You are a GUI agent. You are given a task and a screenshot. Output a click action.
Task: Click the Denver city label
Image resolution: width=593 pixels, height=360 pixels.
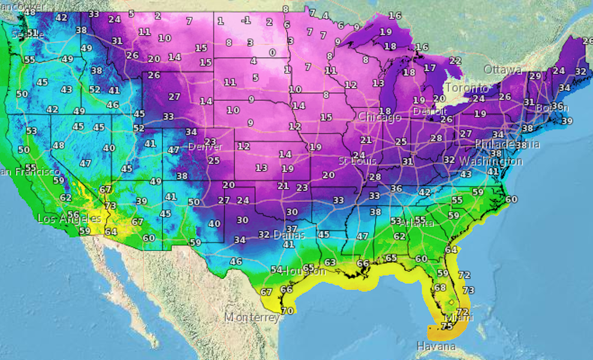tap(205, 147)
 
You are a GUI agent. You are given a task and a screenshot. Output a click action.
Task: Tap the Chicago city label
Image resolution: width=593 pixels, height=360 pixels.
tap(380, 118)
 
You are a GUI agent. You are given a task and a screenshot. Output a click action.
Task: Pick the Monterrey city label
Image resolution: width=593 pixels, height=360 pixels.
tap(252, 317)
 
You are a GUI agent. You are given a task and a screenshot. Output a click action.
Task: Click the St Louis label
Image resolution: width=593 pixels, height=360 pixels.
tap(358, 161)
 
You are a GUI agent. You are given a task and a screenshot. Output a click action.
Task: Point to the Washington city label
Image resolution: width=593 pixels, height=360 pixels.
tap(490, 161)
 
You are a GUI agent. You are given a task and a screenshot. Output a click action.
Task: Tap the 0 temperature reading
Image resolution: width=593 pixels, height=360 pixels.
tap(272, 52)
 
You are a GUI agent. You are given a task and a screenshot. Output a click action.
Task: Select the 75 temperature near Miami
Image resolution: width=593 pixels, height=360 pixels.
tap(446, 326)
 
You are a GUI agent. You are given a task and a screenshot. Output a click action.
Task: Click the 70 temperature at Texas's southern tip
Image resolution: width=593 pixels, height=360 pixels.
tap(288, 311)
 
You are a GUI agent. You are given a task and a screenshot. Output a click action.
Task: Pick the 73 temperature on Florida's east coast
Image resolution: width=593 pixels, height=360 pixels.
tap(468, 290)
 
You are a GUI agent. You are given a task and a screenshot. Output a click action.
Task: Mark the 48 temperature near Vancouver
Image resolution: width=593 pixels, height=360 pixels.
tap(29, 12)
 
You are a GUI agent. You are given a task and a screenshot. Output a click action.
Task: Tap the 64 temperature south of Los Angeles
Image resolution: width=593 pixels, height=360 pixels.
tap(110, 231)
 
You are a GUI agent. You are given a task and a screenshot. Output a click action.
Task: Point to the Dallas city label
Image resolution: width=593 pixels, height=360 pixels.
tap(290, 235)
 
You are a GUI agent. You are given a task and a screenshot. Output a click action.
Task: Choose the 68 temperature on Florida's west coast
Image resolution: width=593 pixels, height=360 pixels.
tap(440, 287)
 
